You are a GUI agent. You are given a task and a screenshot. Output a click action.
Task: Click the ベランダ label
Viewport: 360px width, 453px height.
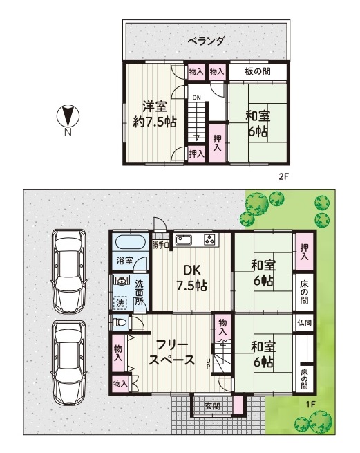point(206,42)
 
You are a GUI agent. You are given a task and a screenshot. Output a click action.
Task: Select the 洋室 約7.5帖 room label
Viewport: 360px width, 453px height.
point(155,114)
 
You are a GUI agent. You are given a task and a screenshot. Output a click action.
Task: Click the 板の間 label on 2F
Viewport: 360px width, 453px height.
point(258,71)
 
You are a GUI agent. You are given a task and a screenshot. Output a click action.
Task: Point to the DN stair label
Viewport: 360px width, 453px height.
point(197,98)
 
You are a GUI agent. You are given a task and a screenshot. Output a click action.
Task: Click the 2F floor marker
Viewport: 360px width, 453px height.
point(283,176)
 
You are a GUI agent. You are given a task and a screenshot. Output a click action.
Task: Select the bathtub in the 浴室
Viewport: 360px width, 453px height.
point(130,242)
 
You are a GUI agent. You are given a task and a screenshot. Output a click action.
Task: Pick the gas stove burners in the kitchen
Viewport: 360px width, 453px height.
point(211,240)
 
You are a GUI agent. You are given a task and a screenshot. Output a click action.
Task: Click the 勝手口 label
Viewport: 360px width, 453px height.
point(161,246)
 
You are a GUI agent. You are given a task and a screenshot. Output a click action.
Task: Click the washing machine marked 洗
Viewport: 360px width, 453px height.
point(120,303)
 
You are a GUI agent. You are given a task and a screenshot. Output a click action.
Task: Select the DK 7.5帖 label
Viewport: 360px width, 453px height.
point(191,278)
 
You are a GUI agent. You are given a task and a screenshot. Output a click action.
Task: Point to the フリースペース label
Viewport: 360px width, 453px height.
point(172,353)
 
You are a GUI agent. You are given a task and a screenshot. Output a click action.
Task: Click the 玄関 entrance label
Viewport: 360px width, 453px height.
point(213,406)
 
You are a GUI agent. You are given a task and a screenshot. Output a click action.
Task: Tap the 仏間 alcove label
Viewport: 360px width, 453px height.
point(304,322)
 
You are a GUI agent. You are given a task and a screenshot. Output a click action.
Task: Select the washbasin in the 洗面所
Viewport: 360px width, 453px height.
point(120,279)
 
